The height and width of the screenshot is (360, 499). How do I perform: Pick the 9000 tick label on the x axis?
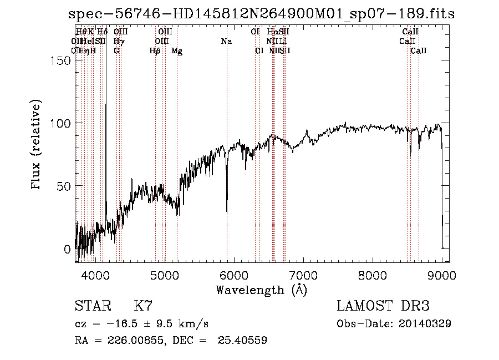pyautogui.click(x=442, y=275)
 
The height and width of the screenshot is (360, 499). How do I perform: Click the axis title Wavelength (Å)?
pyautogui.click(x=261, y=290)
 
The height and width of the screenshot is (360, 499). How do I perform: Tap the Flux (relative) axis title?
pyautogui.click(x=37, y=146)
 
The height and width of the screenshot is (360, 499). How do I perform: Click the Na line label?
pyautogui.click(x=226, y=42)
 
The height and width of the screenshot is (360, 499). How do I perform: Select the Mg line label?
pyautogui.click(x=177, y=51)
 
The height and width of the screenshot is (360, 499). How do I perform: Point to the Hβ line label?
pyautogui.click(x=155, y=51)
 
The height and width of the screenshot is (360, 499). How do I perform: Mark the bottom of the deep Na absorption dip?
pyautogui.click(x=227, y=212)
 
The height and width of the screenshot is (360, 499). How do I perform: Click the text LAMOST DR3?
pyautogui.click(x=383, y=306)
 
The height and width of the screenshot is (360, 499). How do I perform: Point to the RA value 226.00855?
pyautogui.click(x=133, y=341)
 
